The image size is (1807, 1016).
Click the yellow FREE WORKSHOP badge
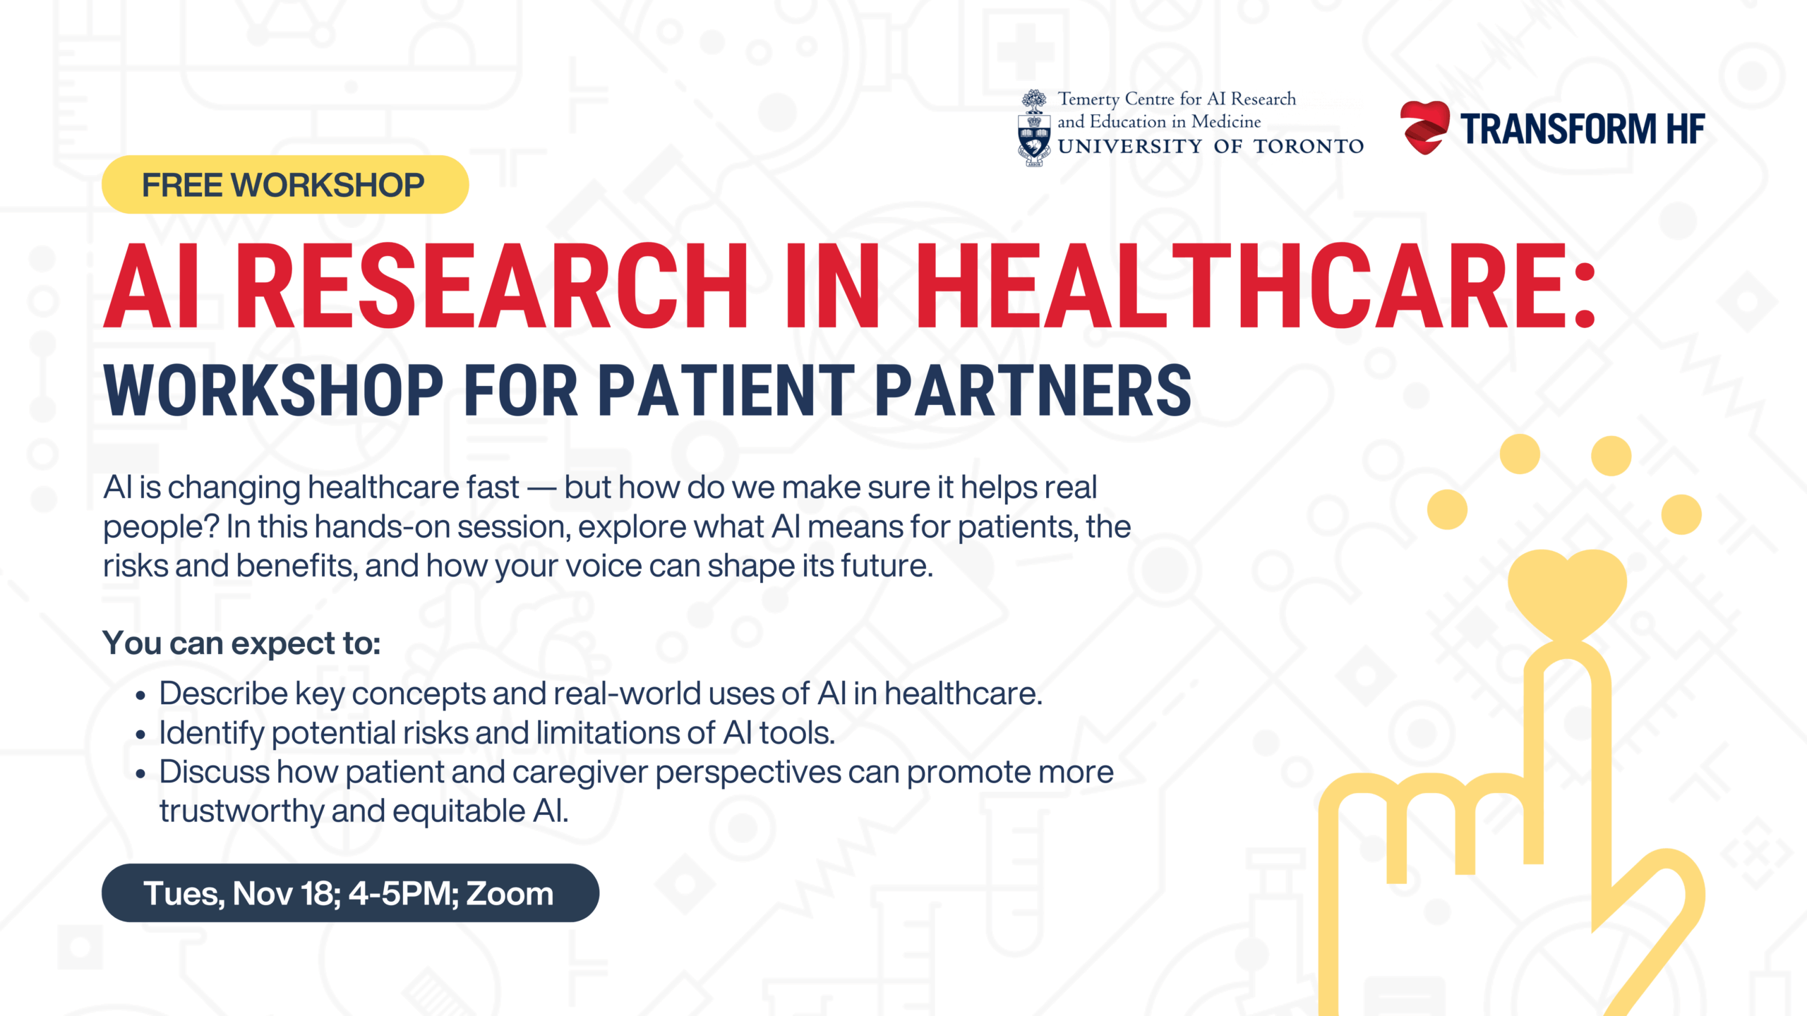tap(285, 185)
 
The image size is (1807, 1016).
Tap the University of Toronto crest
tap(1034, 128)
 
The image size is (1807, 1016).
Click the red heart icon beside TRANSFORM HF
tap(1424, 128)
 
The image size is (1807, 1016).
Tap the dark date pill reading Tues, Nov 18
tap(350, 893)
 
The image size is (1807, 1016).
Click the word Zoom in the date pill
tap(510, 893)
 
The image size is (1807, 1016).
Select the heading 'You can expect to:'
tap(241, 643)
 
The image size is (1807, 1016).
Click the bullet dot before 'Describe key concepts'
tap(140, 696)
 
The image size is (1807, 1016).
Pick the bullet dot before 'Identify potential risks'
tap(140, 735)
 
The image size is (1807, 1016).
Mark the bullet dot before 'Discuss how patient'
tap(140, 774)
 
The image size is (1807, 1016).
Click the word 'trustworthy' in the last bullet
tap(241, 812)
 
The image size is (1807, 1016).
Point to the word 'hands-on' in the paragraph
tap(382, 527)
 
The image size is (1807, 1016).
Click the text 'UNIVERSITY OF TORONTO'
tap(1211, 147)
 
